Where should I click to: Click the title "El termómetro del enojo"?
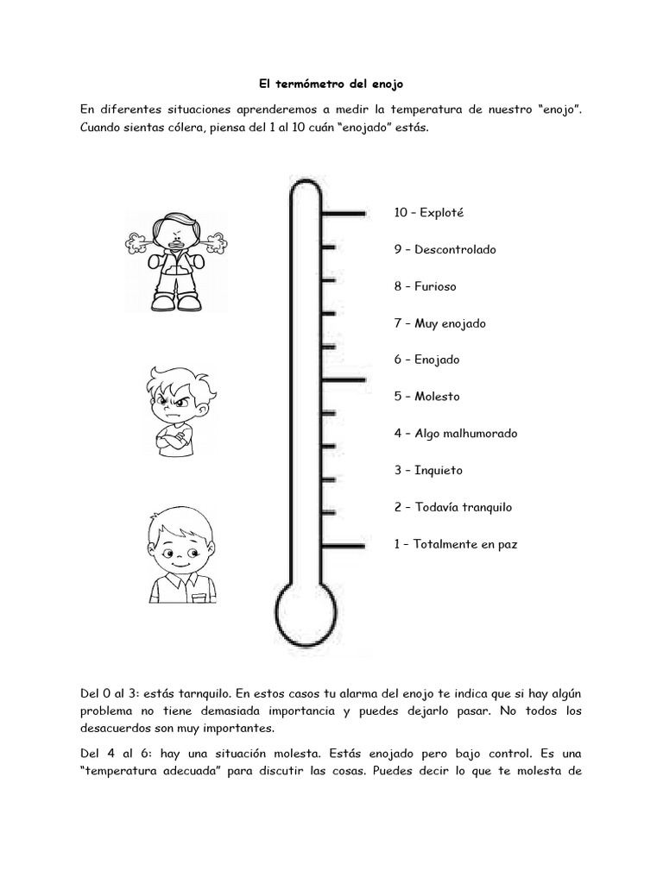(x=331, y=85)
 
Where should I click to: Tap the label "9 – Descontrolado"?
(x=445, y=249)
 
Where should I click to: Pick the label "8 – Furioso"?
(x=425, y=286)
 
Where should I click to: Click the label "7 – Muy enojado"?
(x=439, y=323)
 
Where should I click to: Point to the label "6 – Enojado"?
(x=426, y=360)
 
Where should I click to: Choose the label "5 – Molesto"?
(x=426, y=397)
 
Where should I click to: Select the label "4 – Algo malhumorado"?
(x=455, y=434)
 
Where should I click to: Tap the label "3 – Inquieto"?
(x=428, y=470)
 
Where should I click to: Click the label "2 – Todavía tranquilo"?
(x=452, y=507)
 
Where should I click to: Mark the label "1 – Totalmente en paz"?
(x=455, y=544)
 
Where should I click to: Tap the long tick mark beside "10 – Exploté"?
(x=344, y=212)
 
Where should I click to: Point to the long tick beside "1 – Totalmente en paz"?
(x=344, y=545)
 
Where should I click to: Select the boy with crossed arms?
(x=179, y=410)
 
